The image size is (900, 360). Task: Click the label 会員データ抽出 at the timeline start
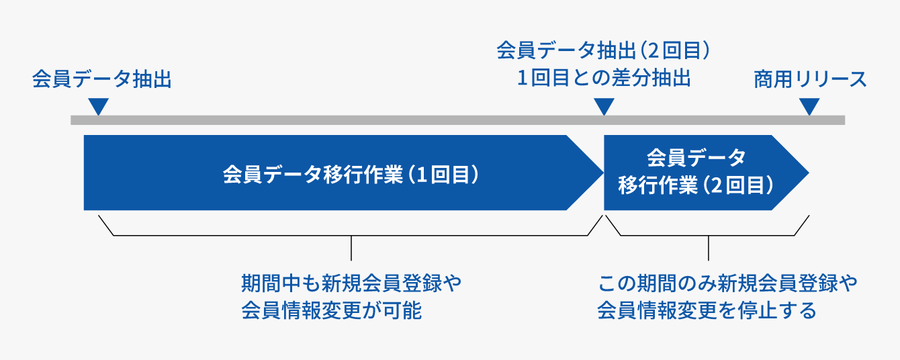tap(102, 79)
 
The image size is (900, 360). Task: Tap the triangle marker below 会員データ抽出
tap(99, 106)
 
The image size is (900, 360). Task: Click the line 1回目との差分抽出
tap(604, 78)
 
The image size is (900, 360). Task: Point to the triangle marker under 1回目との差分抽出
tap(604, 106)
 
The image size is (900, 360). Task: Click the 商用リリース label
tap(810, 79)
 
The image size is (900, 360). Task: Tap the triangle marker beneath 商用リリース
tap(809, 106)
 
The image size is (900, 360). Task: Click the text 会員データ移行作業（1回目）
tap(351, 175)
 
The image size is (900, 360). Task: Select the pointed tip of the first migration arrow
tap(604, 173)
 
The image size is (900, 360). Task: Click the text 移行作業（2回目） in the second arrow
tap(696, 185)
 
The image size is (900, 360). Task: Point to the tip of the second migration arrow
tap(809, 173)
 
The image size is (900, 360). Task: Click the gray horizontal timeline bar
tap(457, 120)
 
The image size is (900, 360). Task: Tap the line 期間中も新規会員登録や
tap(351, 283)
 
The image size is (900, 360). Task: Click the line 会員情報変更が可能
tap(332, 310)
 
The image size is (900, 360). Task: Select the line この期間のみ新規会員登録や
tap(727, 283)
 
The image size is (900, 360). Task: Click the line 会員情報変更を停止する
tap(707, 310)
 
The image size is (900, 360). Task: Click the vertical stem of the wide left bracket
tap(351, 248)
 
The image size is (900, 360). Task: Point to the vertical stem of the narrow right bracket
tap(709, 248)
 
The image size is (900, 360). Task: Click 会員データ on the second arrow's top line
tap(696, 157)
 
